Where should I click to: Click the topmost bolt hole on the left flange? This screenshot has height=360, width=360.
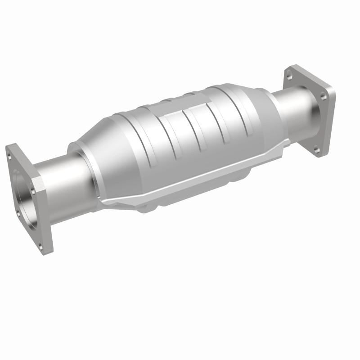coord(9,156)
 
